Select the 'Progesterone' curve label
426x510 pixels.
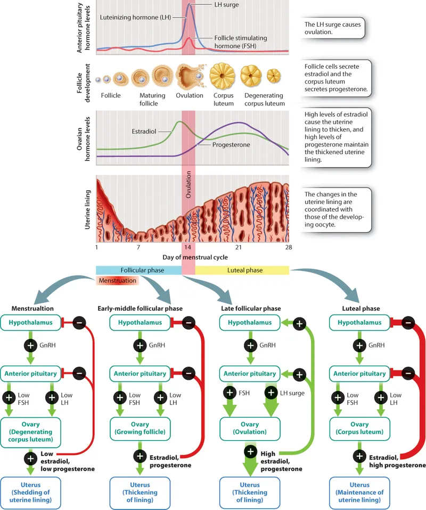point(231,144)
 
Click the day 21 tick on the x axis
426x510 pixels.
point(239,248)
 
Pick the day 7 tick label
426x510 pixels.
point(138,248)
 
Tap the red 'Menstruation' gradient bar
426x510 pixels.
point(117,281)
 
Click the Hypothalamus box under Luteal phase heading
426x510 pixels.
point(360,322)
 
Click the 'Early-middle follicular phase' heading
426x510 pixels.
point(140,309)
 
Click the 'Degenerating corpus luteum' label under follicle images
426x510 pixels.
point(264,100)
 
